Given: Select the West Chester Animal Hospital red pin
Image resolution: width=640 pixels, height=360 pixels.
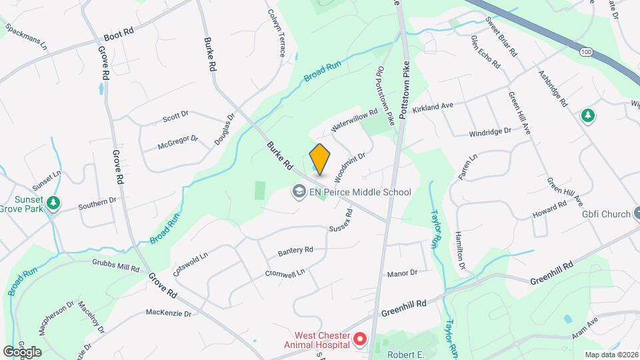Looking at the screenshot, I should [360, 339].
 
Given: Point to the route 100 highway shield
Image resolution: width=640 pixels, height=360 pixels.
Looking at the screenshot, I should [586, 51].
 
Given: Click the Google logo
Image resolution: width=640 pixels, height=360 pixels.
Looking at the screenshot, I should [22, 351].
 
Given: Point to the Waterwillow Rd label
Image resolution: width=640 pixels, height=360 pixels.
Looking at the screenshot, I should [355, 119].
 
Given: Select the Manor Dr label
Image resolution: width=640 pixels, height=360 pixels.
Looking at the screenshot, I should [402, 273].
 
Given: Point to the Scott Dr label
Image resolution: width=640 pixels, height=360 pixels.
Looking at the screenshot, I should [175, 118].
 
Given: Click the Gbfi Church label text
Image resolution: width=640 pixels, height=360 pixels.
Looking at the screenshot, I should [605, 214].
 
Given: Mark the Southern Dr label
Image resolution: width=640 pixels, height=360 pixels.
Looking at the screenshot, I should [97, 202].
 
